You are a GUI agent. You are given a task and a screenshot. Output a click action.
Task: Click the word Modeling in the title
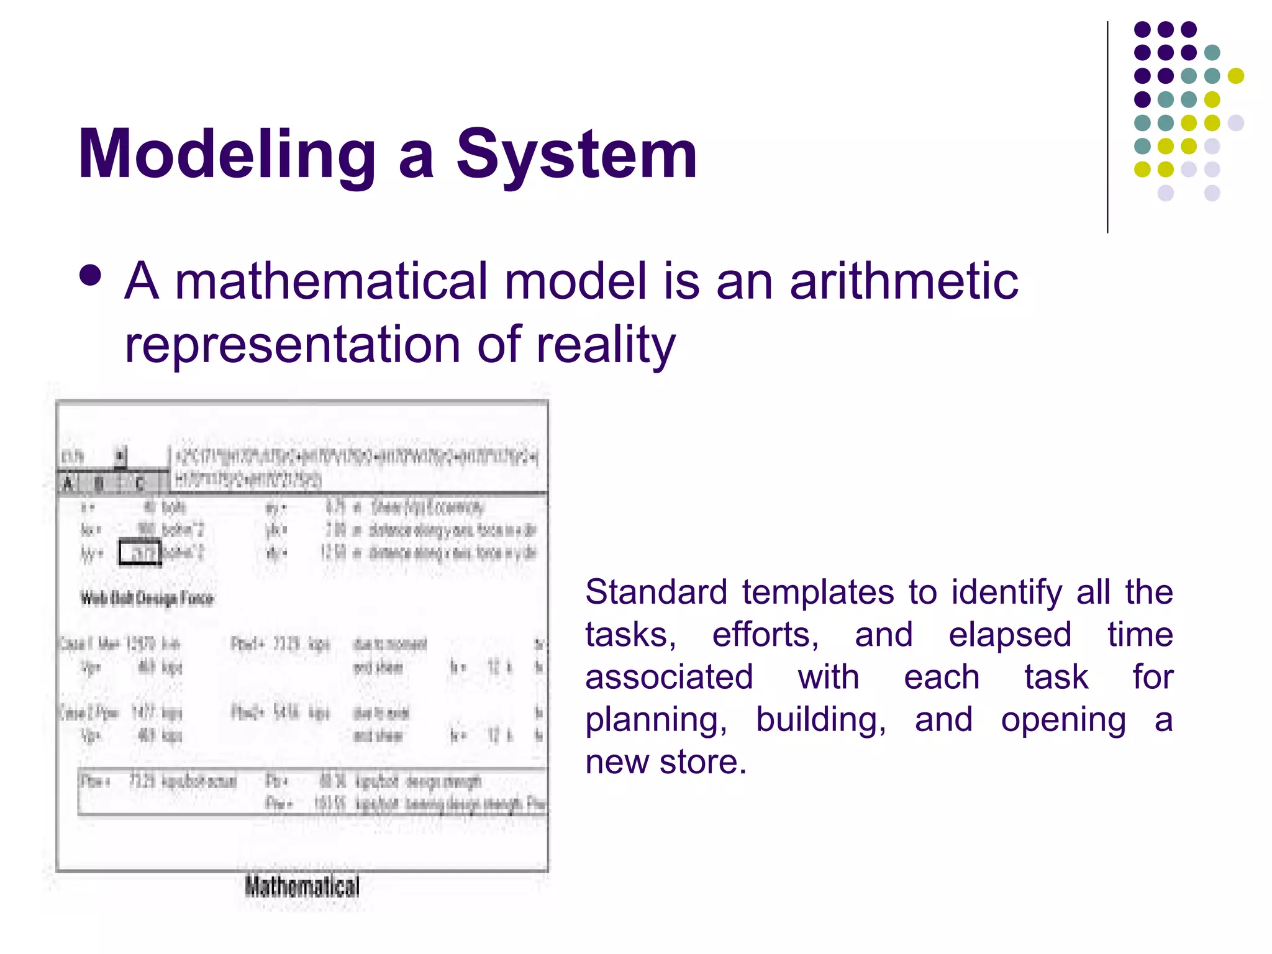pos(227,155)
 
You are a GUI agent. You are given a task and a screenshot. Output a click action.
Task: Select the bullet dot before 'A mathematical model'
pos(91,276)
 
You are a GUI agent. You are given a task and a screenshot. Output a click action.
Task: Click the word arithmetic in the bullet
pos(904,281)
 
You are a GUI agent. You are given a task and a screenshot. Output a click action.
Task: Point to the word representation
pos(292,345)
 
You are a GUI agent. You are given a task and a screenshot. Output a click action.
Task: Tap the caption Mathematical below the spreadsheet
pos(302,886)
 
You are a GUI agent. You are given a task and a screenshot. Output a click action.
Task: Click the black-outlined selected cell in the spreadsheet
pos(140,552)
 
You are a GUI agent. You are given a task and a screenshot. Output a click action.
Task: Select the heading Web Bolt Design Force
pos(147,599)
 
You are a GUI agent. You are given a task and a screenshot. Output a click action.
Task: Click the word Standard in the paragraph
pos(656,592)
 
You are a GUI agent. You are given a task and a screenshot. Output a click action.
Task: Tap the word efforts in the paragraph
pos(765,635)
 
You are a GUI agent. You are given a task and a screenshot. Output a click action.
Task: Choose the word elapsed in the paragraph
pos(1010,635)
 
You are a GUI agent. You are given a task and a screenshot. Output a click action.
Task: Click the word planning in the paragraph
pos(656,720)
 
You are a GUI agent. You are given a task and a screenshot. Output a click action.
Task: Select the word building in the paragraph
pos(820,720)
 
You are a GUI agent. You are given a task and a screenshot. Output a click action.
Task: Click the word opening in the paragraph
pos(1063,720)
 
